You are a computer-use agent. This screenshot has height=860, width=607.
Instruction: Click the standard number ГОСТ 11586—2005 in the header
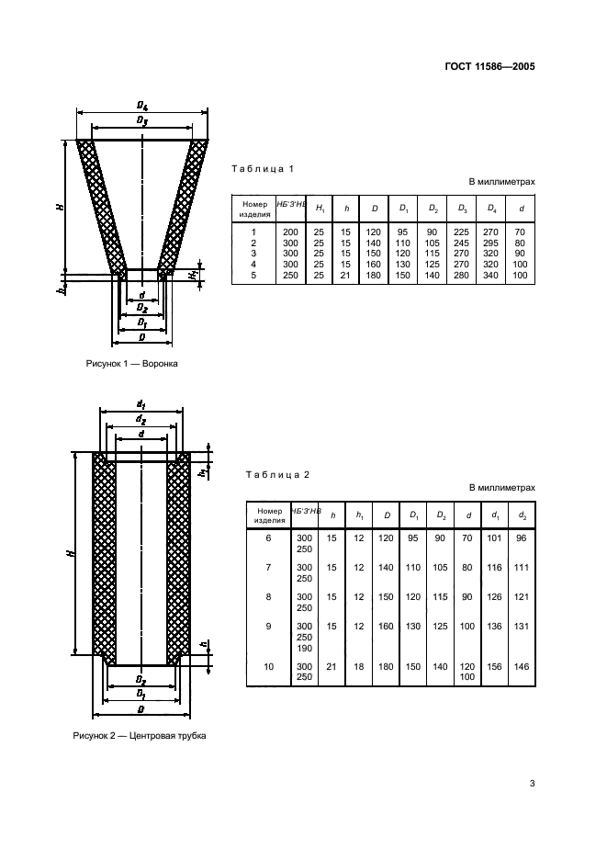[489, 67]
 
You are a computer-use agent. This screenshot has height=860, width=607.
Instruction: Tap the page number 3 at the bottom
[532, 784]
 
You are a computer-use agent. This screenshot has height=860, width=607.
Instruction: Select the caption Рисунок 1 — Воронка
[131, 364]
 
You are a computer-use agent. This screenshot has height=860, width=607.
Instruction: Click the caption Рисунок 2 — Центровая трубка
[141, 736]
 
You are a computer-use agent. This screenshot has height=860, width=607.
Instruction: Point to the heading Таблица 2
[278, 474]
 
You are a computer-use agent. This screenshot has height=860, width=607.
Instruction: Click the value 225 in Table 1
[463, 232]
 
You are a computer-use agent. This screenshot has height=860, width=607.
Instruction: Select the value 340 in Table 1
[492, 275]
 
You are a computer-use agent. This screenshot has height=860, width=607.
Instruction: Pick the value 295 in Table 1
[492, 243]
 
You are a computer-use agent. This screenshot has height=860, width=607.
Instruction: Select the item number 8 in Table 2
[268, 597]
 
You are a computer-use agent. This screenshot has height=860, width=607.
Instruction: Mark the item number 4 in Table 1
[252, 265]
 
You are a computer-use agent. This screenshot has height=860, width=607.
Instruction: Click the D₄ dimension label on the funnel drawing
[141, 107]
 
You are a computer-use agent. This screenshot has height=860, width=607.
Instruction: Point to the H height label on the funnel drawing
[59, 206]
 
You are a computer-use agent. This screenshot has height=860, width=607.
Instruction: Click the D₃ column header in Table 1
[463, 209]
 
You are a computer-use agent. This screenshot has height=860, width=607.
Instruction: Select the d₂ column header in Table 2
[522, 515]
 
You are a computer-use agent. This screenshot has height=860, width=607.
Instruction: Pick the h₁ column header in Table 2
[360, 515]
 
